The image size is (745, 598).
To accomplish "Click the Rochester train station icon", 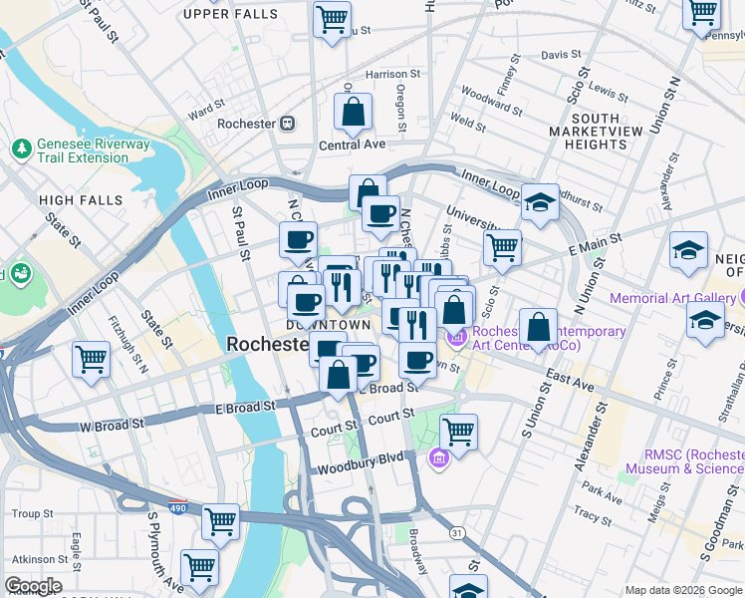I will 287,124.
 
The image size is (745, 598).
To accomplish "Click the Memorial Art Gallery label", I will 672,298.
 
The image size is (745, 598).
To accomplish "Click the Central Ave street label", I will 352,145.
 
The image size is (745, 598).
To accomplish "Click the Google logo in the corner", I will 33,586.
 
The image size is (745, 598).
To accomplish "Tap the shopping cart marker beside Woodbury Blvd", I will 458,432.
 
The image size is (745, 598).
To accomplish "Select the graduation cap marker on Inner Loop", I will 539,202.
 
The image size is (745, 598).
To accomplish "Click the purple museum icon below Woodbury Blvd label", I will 439,458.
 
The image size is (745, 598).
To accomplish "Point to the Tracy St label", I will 594,516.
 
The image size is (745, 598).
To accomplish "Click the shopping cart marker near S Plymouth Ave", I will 199,566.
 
